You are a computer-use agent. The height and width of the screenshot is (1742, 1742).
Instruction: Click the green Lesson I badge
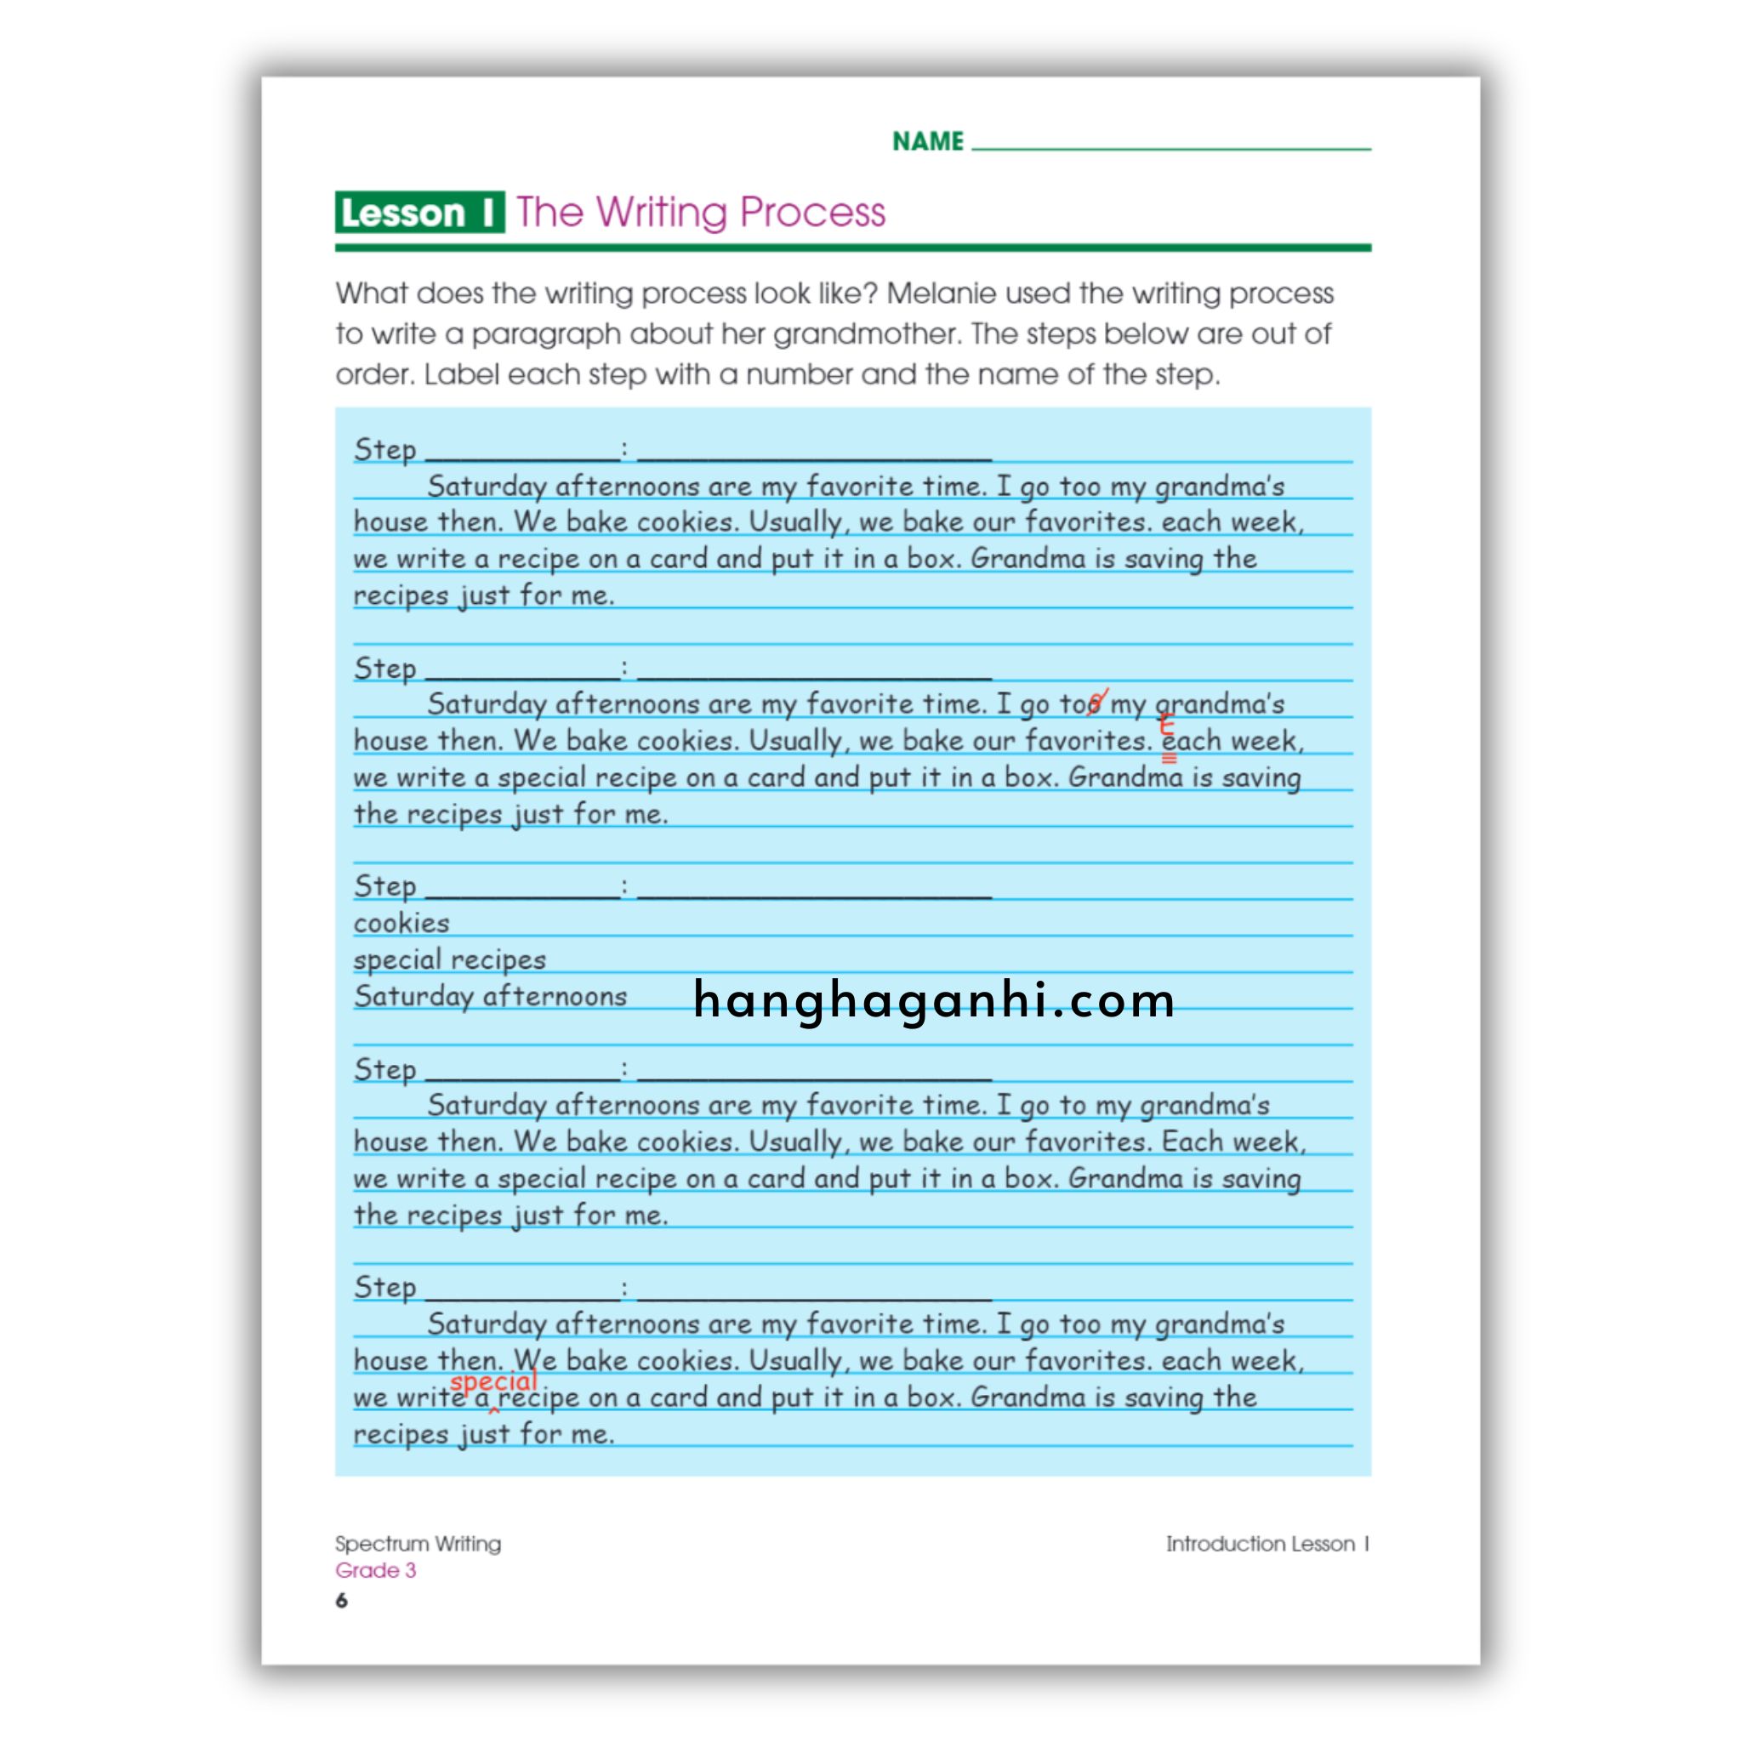419,213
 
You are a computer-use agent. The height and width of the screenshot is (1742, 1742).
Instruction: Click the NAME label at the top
928,141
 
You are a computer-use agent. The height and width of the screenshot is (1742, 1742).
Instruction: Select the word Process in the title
812,213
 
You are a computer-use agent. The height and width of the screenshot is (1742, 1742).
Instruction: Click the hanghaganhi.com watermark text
934,1000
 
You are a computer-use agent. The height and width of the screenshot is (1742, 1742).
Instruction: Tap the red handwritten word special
493,1381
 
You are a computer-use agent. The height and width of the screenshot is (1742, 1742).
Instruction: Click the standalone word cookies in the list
401,923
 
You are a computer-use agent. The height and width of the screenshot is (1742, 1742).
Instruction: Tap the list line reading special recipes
449,959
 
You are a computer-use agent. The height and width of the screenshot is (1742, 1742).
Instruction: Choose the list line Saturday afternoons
490,996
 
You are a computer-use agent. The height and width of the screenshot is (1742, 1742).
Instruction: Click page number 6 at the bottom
342,1601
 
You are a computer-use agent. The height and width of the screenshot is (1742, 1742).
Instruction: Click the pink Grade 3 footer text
375,1570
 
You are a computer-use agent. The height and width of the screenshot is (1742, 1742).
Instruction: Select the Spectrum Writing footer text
418,1544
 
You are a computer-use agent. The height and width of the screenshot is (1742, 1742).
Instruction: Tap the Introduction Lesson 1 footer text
1267,1544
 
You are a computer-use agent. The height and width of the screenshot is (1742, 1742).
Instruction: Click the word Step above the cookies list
385,886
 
